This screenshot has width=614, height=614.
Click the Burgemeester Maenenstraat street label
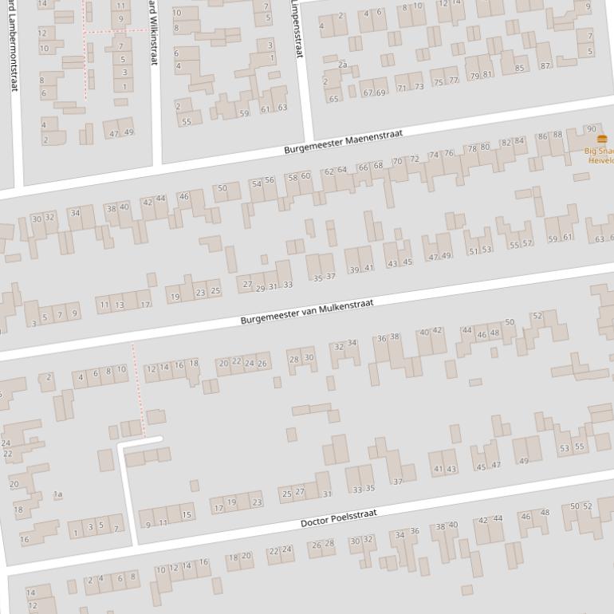pos(344,141)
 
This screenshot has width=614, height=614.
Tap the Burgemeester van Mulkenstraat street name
pos(307,310)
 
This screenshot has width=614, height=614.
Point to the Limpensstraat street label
pos(297,29)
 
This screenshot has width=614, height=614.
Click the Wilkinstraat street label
pos(153,32)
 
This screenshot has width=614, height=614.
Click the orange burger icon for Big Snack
pos(601,140)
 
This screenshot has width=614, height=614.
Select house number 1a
pos(57,494)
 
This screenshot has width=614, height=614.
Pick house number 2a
pos(343,65)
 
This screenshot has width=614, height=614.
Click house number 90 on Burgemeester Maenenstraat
pos(591,129)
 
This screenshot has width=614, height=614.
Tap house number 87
pos(545,65)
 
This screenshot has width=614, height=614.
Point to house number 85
pos(520,69)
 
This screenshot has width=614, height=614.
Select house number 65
pos(333,99)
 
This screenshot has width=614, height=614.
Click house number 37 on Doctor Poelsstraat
pos(398,482)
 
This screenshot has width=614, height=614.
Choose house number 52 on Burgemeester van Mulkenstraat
pos(537,316)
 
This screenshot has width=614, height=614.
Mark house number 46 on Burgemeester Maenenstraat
pos(184,196)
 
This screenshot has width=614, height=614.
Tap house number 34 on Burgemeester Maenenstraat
pos(75,213)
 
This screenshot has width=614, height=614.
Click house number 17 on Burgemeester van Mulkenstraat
pos(144,304)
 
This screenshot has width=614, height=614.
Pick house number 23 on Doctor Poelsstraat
pos(257,502)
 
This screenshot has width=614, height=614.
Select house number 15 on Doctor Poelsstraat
pos(187,515)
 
